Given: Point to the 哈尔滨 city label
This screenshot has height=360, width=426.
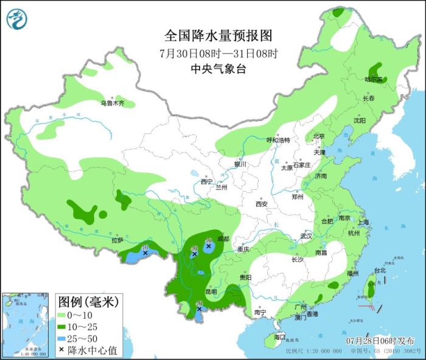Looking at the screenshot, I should tap(374, 80).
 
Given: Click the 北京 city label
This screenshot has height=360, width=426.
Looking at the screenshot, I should tap(319, 136).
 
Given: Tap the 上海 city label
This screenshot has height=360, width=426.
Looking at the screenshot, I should tap(364, 222).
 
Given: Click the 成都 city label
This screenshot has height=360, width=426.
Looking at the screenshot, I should tap(223, 239).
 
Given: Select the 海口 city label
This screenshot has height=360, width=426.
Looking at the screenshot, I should tap(279, 336).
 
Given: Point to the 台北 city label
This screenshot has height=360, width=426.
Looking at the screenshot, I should tap(379, 270).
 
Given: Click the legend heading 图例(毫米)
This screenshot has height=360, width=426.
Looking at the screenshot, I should tap(87, 301).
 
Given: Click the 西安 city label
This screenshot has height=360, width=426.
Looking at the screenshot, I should tap(262, 204).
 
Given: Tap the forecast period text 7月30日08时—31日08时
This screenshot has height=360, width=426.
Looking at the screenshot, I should tap(218, 53).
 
